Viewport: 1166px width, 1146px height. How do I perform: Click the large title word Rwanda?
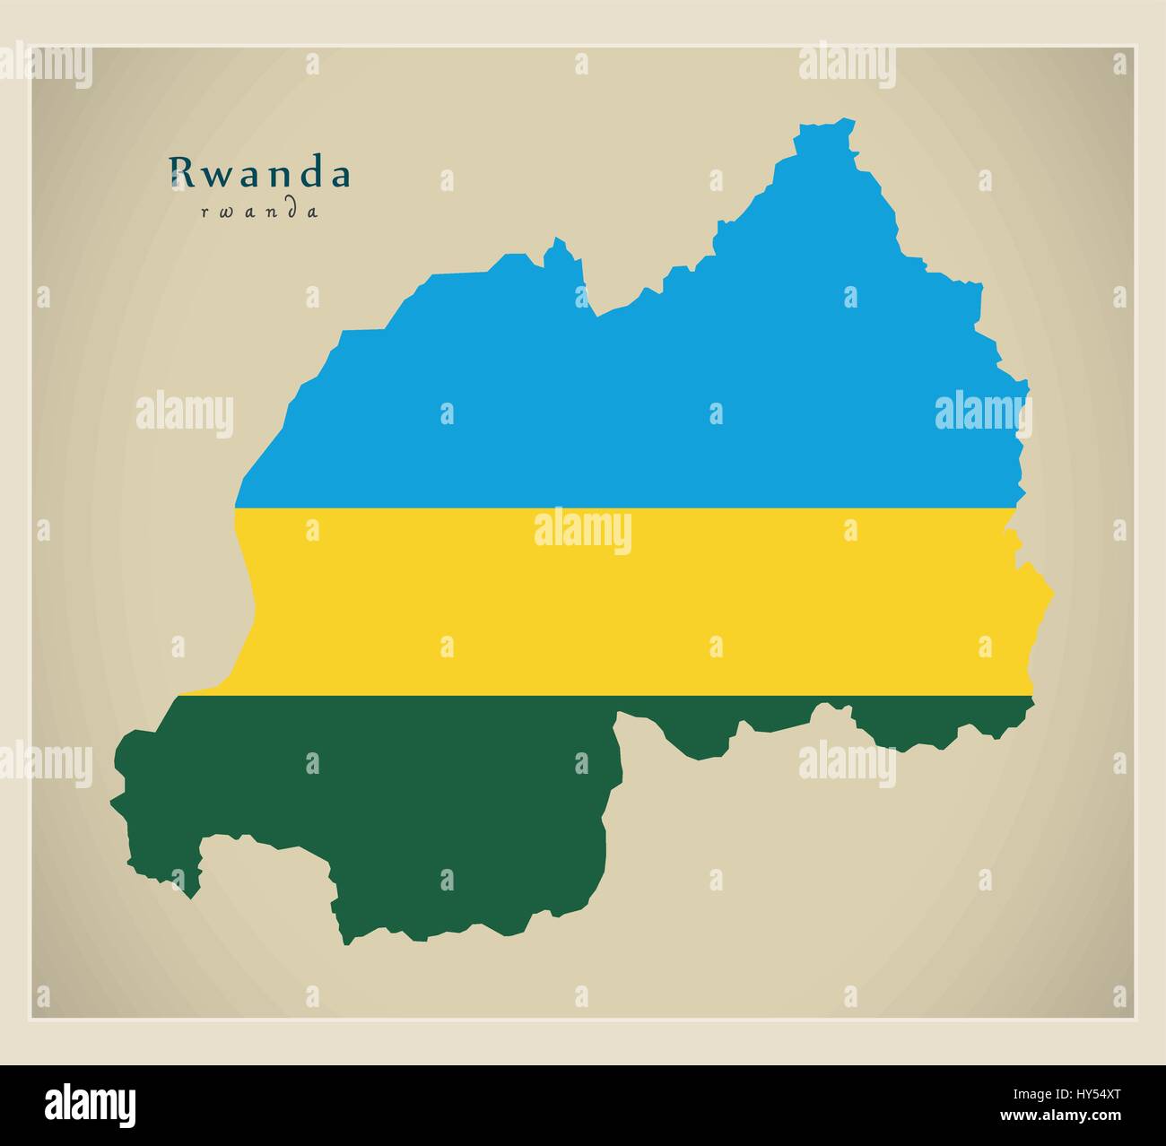[260, 174]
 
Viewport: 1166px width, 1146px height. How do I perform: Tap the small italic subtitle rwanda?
[260, 213]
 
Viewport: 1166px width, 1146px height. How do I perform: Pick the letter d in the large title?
[311, 174]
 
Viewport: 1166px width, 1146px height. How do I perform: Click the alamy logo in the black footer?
[91, 1103]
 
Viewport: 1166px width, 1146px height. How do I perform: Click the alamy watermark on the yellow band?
[583, 531]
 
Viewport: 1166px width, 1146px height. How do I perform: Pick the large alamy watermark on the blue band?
[982, 412]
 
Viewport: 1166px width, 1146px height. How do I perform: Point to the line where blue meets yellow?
[628, 508]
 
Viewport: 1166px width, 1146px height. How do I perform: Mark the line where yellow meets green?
[628, 695]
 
